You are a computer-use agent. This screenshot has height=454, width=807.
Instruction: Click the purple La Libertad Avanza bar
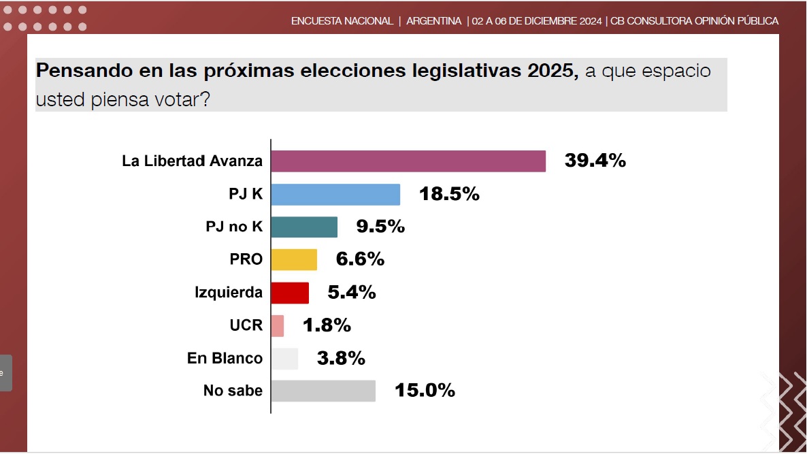[x=408, y=161]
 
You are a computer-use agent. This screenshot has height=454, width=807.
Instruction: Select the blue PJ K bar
[x=335, y=194]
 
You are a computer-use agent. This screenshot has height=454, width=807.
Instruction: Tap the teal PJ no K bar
[x=304, y=227]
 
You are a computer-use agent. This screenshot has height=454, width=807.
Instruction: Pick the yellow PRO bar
[x=294, y=259]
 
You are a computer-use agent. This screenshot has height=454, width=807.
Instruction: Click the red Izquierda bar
[x=290, y=293]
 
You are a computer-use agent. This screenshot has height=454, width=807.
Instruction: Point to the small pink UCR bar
[x=278, y=325]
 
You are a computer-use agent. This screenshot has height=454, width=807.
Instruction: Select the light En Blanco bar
[x=284, y=358]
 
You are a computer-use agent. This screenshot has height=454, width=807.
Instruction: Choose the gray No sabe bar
[x=323, y=391]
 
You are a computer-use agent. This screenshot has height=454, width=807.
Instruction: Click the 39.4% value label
[x=595, y=161]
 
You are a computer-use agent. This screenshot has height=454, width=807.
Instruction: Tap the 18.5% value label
[x=449, y=194]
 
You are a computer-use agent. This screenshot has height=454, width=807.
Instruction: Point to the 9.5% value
[x=380, y=227]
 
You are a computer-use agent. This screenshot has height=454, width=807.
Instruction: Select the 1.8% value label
[x=327, y=325]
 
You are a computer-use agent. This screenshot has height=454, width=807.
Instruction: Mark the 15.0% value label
[x=425, y=391]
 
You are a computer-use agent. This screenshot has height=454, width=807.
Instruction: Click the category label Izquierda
[x=229, y=293]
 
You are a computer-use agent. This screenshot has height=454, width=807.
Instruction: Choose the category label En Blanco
[x=225, y=358]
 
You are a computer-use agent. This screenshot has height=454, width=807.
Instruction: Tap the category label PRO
[x=246, y=259]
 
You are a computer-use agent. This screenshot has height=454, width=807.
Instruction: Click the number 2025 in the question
[x=551, y=71]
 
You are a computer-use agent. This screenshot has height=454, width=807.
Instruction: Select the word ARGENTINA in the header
[x=434, y=21]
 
